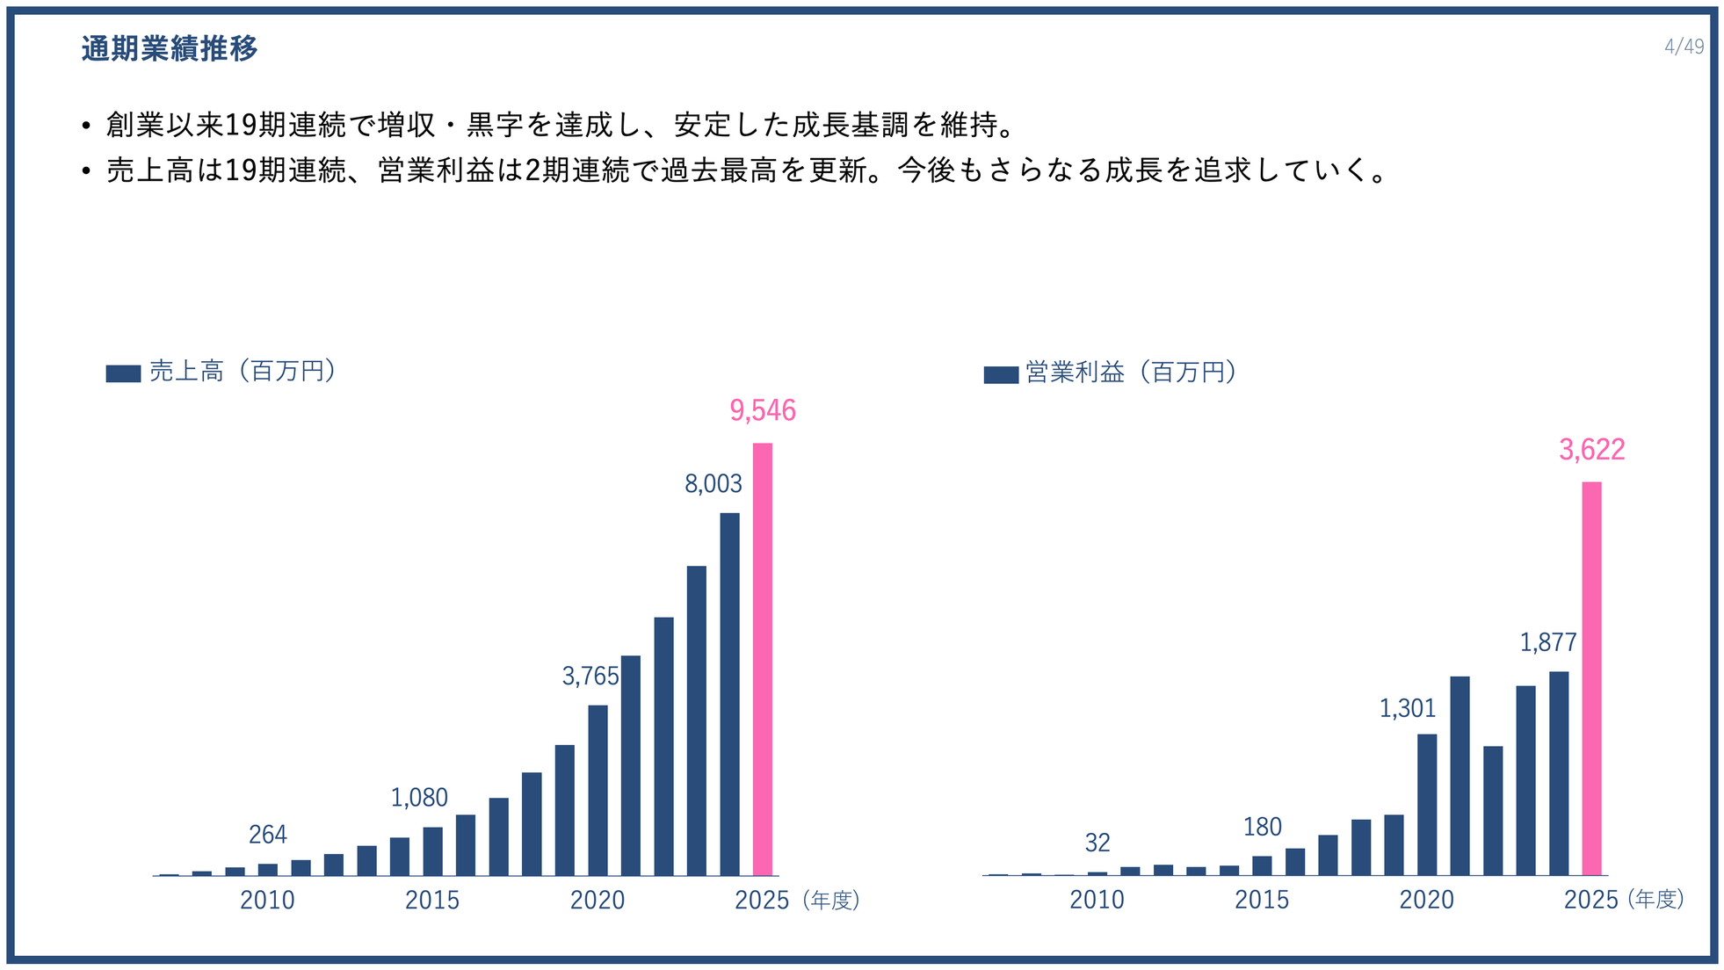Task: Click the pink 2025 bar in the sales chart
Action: tap(762, 659)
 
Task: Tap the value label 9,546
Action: tap(762, 410)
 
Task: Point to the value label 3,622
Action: tap(1591, 450)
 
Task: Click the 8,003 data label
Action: tap(713, 484)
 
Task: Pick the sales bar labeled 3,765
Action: tap(598, 790)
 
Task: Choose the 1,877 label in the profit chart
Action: tap(1547, 642)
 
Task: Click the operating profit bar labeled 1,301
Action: tap(1427, 804)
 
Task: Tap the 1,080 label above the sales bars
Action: tap(419, 798)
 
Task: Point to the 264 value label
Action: tap(267, 835)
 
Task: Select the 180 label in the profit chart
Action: tap(1262, 827)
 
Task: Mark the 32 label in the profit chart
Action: tap(1097, 843)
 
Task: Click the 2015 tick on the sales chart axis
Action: tap(431, 901)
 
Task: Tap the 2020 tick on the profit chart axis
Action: tap(1426, 901)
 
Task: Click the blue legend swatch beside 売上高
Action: tap(123, 373)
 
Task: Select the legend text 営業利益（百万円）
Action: tap(1131, 373)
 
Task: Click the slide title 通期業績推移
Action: tap(170, 48)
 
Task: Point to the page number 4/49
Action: tap(1684, 47)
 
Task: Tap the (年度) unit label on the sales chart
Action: tap(830, 901)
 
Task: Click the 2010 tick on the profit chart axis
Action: tap(1096, 901)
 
